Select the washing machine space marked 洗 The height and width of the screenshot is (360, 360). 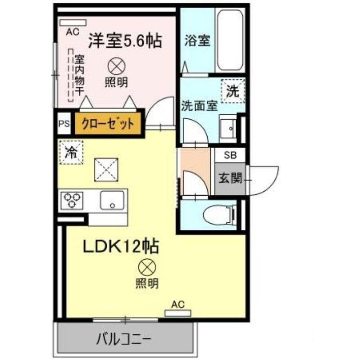coord(232,90)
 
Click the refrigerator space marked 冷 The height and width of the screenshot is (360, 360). coord(71,152)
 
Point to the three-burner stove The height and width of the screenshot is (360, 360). coord(72,200)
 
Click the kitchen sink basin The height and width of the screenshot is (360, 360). coord(112,200)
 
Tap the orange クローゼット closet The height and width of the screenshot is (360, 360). coord(108,123)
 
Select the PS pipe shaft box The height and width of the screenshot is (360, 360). coord(64,124)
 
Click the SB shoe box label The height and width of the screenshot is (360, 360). coord(230,155)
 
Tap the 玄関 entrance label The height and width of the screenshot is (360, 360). coord(230,178)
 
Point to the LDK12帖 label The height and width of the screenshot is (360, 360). coord(121,246)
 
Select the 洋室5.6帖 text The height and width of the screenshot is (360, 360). coord(125,41)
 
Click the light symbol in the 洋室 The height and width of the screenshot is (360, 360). coord(117,66)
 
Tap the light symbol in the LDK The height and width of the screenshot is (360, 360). coord(147,267)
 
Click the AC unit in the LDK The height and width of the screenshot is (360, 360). coord(178,313)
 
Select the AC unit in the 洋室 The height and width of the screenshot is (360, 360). coord(73,23)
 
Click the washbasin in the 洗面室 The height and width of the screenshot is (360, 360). coord(228,128)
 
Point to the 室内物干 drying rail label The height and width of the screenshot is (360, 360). coord(79,75)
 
